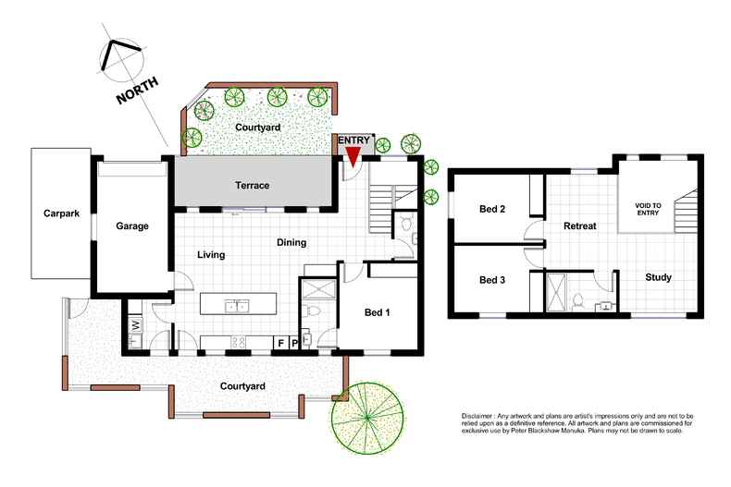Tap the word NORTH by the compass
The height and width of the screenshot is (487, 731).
137,90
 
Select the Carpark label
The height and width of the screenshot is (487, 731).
62,213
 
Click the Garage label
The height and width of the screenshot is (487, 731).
132,225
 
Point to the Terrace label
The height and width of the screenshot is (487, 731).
253,186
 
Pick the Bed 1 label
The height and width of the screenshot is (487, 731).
377,312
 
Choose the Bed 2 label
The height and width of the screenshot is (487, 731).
492,209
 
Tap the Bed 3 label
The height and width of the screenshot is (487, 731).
492,280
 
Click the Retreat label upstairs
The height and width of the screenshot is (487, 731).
580,225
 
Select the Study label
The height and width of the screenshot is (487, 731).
658,277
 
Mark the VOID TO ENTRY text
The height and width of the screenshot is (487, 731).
648,209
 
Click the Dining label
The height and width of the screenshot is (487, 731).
291,242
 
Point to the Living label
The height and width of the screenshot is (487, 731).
211,255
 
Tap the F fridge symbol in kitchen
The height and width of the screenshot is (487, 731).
280,343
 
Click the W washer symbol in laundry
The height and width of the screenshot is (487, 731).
136,324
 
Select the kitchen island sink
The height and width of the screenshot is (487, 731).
237,307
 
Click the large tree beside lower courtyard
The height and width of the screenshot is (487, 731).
367,418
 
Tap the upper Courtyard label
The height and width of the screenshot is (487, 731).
258,128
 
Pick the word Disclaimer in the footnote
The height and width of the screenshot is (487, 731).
477,416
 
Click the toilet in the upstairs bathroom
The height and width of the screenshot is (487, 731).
578,301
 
